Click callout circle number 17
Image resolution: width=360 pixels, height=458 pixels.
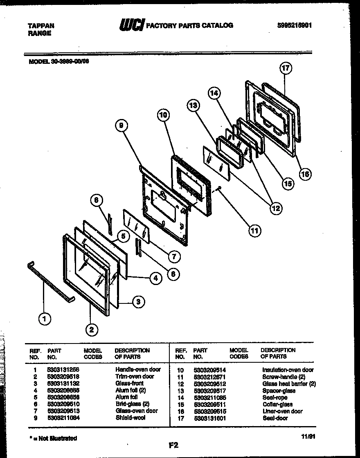tap(286, 68)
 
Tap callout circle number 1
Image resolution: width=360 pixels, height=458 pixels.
tap(45, 319)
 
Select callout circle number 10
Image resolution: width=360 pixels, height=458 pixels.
tap(163, 116)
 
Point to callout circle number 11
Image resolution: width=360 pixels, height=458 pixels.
tap(254, 231)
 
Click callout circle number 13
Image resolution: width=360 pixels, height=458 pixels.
tap(193, 106)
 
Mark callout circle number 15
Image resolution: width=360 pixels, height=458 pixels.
tap(288, 184)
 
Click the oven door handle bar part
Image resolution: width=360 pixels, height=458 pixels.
tap(51, 281)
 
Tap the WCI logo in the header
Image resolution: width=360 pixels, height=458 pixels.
tap(132, 26)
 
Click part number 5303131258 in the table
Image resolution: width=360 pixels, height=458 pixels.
tap(64, 369)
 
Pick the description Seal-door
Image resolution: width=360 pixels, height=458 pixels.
tap(275, 418)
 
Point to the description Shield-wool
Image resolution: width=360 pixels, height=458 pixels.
tap(130, 418)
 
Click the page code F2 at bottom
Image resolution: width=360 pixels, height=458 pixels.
tap(174, 446)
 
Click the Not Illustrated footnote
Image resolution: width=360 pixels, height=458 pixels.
tap(53, 438)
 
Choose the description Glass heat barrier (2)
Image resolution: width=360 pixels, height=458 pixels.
tap(289, 384)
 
